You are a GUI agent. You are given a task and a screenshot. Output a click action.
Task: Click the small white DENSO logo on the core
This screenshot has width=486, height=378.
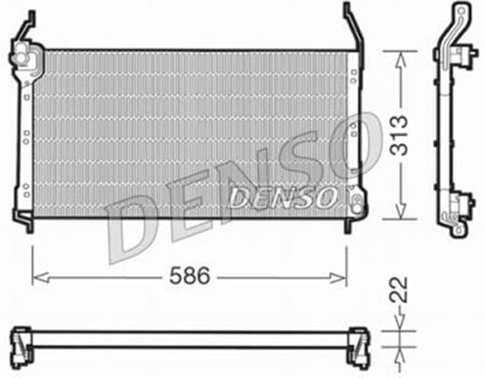pyautogui.click(x=283, y=198)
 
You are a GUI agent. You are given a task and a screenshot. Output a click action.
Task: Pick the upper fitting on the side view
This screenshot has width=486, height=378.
pyautogui.click(x=460, y=55)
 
